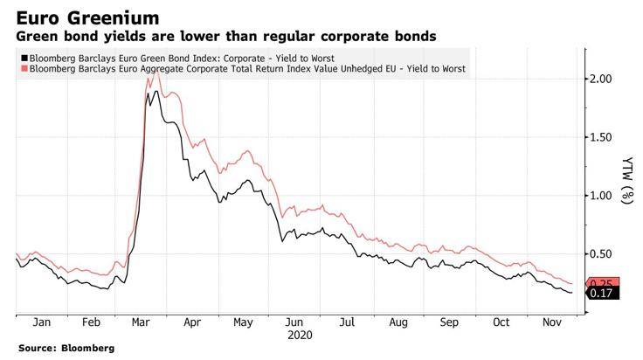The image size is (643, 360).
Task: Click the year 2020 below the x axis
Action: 299,334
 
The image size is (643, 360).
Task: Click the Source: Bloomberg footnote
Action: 66,348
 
